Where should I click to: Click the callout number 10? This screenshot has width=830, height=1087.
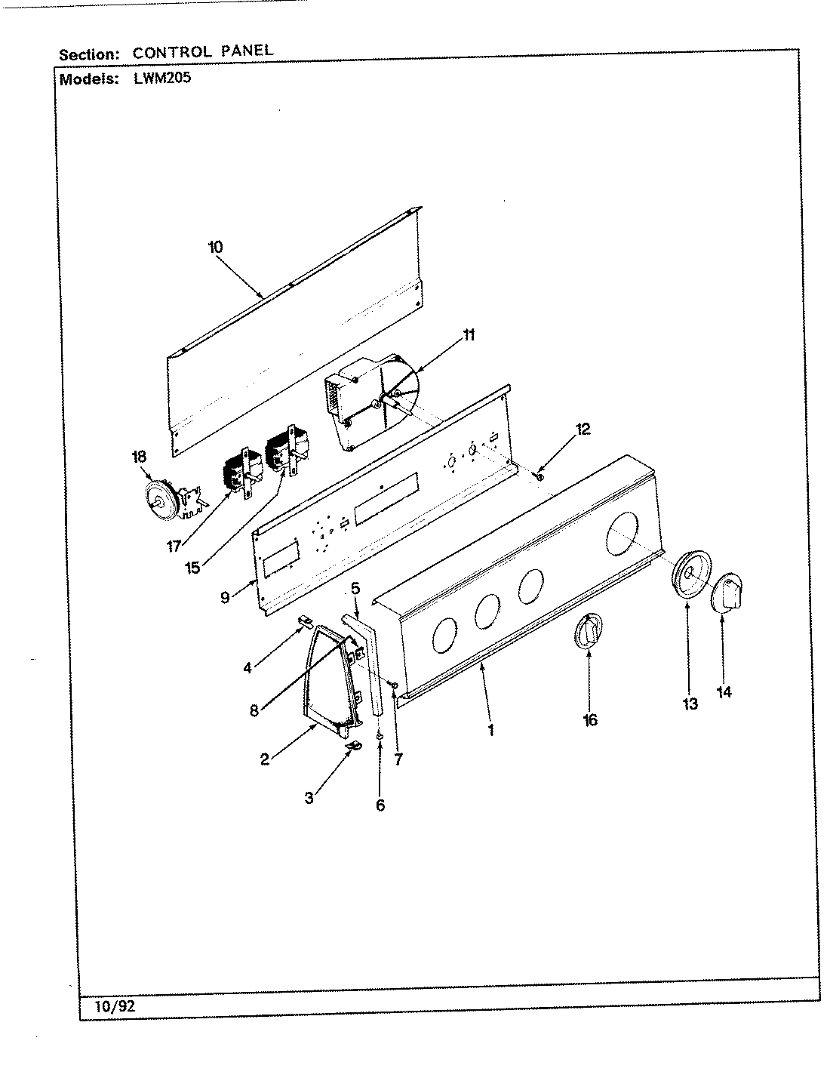tap(215, 246)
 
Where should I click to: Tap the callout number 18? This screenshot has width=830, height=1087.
tap(139, 456)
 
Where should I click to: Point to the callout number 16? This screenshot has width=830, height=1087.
tap(590, 719)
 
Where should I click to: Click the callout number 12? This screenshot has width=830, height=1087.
tap(583, 430)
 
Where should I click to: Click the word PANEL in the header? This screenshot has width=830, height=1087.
tap(243, 52)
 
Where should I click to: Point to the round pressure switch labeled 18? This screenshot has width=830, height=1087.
tap(161, 497)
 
